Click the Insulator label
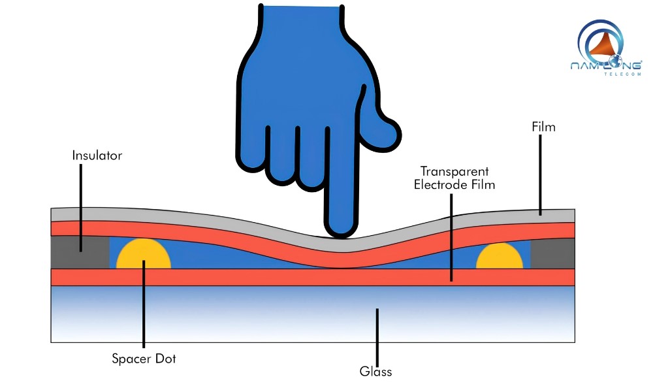pyautogui.click(x=97, y=156)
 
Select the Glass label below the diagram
pyautogui.click(x=375, y=372)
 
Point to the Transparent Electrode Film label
pyautogui.click(x=454, y=178)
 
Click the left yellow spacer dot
pyautogui.click(x=144, y=256)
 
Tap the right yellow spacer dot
pyautogui.click(x=500, y=257)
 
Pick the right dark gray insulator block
pyautogui.click(x=552, y=252)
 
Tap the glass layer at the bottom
pyautogui.click(x=261, y=314)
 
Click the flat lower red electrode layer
pyautogui.click(x=261, y=277)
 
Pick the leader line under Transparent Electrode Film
pyautogui.click(x=451, y=235)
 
